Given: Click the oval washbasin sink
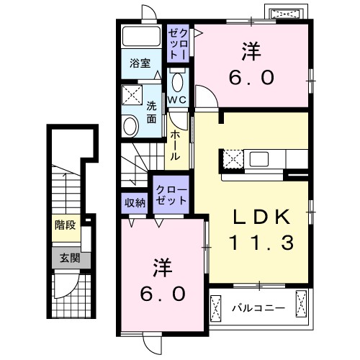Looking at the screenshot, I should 130,127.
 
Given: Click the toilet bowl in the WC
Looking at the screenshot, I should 177,78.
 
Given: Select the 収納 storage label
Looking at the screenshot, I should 135,203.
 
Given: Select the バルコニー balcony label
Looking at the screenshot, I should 258,308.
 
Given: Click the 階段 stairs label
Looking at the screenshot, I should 66,225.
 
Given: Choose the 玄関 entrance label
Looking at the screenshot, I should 66,258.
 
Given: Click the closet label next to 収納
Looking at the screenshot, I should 171,196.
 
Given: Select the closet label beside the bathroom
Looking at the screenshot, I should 179,43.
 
